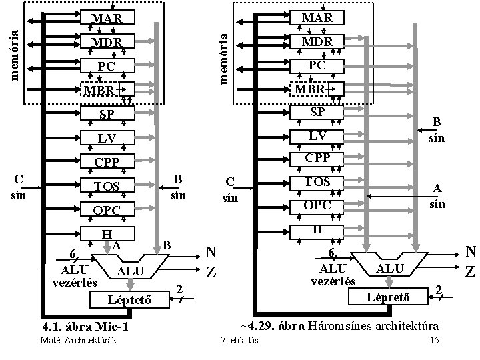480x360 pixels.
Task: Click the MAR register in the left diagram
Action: coord(107,19)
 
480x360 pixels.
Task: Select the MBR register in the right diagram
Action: coord(316,89)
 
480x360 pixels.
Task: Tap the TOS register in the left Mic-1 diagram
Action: coord(107,187)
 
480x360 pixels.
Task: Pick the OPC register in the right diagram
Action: coord(316,204)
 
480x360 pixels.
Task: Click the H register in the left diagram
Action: coord(107,234)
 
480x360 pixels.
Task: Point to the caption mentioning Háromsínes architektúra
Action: coord(339,326)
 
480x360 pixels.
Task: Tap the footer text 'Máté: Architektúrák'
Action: coord(79,341)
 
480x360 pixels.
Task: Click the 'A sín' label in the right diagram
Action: coord(437,196)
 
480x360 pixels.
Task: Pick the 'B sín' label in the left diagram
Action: coord(177,187)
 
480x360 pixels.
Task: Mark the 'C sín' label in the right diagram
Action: coord(230,189)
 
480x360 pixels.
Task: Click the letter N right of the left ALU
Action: coord(210,252)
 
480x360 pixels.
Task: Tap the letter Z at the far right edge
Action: coord(470,272)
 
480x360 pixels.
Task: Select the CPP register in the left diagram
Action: coord(107,162)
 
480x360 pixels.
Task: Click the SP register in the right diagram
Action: coord(316,112)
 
